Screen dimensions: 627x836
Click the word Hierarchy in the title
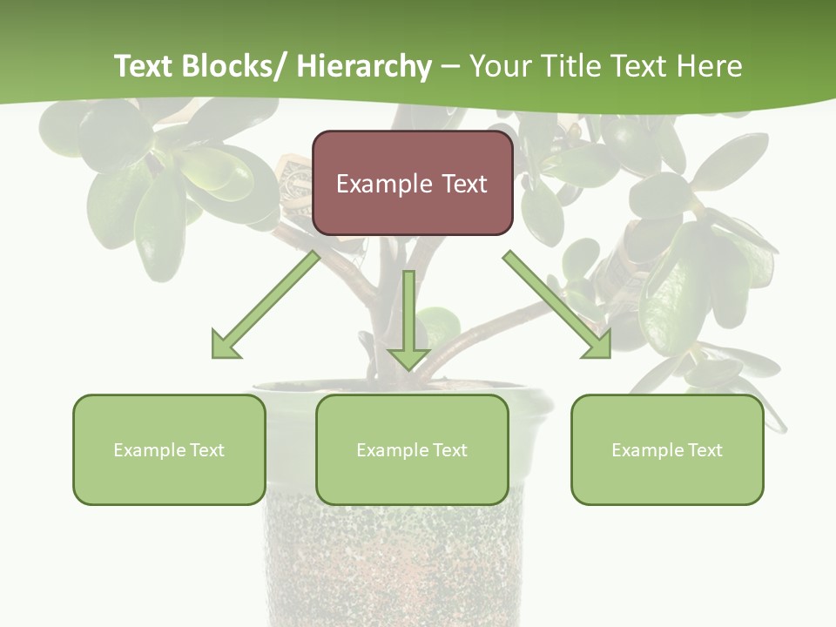pos(363,66)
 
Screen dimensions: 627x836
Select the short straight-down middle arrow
pos(408,318)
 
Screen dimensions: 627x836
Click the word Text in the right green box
pos(705,450)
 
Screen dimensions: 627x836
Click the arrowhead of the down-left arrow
pos(225,346)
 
